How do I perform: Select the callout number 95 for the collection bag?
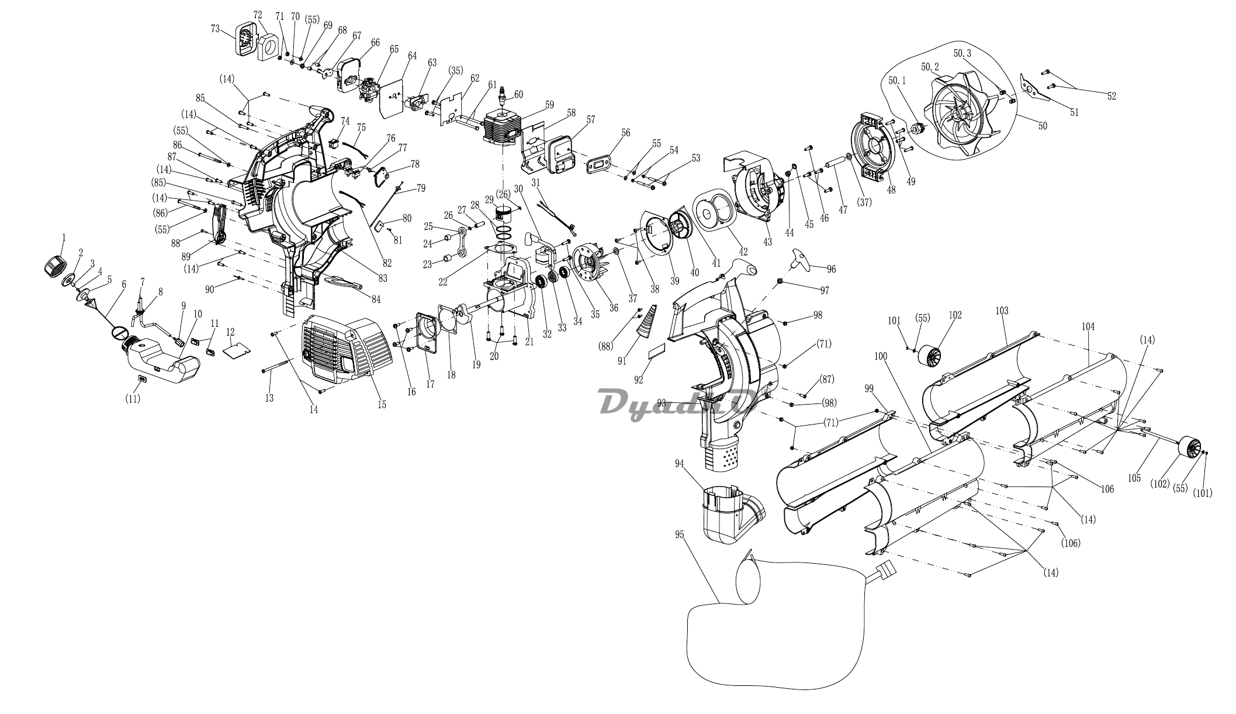679,535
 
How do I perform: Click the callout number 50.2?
929,67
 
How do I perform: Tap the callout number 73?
216,28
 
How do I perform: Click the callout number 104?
1088,327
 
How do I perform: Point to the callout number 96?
831,270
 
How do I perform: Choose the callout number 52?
1111,96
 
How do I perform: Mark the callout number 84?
376,300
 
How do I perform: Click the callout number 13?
269,398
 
